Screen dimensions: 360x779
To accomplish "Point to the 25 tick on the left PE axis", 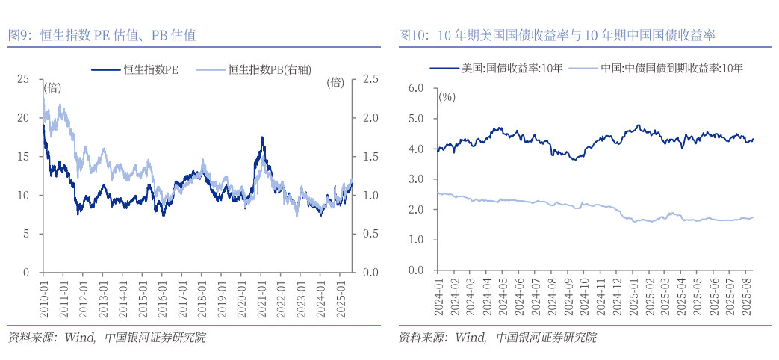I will [x=24, y=79].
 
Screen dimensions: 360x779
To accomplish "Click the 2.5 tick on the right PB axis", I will [x=370, y=79].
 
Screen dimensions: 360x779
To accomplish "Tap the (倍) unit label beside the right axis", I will [x=335, y=83].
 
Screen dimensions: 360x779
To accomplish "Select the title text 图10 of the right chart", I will [x=413, y=34].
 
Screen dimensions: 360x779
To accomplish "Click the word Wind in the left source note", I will [x=79, y=338].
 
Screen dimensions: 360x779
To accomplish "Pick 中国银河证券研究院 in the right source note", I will [x=546, y=338].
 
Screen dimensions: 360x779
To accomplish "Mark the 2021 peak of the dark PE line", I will [x=262, y=137].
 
